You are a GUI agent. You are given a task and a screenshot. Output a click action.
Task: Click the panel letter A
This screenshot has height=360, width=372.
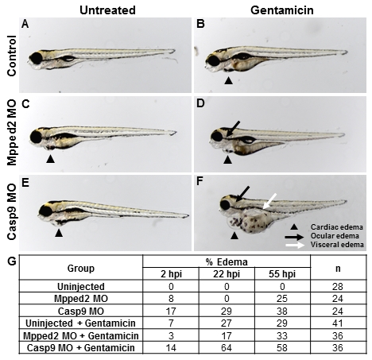pos(25,24)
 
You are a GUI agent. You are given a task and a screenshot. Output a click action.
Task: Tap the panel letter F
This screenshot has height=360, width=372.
pos(200,181)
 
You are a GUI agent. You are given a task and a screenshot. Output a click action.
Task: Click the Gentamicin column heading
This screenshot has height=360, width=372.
pos(282,10)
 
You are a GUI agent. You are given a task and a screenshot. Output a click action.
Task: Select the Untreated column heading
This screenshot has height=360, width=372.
pos(107,10)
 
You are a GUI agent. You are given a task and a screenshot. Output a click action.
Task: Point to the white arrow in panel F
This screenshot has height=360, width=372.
pos(270,200)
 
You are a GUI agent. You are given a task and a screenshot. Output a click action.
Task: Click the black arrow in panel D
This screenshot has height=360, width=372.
pos(234,129)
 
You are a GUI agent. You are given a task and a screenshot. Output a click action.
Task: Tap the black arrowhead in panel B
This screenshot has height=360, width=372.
pos(228,80)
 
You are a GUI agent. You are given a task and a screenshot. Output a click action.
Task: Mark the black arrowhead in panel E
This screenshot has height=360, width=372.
pos(59,233)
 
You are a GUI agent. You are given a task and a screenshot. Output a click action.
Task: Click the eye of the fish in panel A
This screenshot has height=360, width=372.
pos(37,58)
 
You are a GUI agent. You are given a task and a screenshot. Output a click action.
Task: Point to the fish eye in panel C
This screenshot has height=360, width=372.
pos(36,137)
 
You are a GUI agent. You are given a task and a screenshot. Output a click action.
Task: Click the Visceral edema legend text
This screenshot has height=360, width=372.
pos(337,244)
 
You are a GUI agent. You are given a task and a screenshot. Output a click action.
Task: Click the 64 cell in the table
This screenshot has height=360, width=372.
pos(227,347)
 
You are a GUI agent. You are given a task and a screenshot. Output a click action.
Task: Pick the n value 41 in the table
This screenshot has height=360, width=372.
pos(338,323)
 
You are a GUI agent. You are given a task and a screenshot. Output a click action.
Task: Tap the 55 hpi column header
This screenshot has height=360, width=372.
pos(282,274)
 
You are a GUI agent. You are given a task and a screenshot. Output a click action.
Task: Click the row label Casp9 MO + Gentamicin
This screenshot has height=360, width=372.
pos(81,347)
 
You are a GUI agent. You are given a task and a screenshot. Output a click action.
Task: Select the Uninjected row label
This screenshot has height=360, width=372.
pos(81,287)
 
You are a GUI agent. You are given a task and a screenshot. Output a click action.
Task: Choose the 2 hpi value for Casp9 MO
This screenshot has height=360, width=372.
pos(171,311)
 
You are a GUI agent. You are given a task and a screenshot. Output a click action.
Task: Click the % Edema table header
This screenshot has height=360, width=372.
pos(227,262)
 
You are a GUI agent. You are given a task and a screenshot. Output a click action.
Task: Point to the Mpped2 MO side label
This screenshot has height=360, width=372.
pos(12,133)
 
